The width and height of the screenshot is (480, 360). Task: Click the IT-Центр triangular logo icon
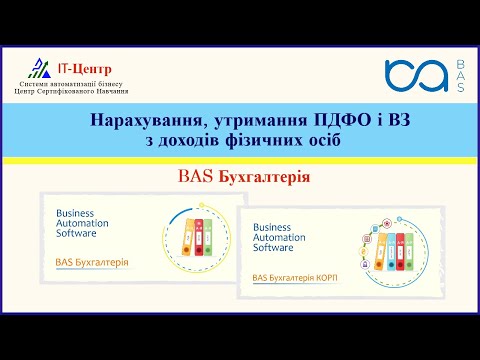click(39, 68)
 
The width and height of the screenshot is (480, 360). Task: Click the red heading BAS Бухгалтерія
click(239, 177)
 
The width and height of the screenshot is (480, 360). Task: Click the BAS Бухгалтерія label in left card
click(91, 263)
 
